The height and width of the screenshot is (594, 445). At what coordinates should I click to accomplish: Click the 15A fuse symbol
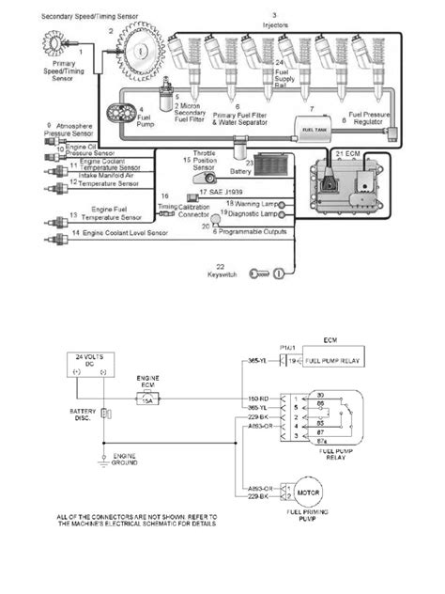(x=145, y=399)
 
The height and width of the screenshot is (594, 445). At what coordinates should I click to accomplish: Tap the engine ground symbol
(x=104, y=459)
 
